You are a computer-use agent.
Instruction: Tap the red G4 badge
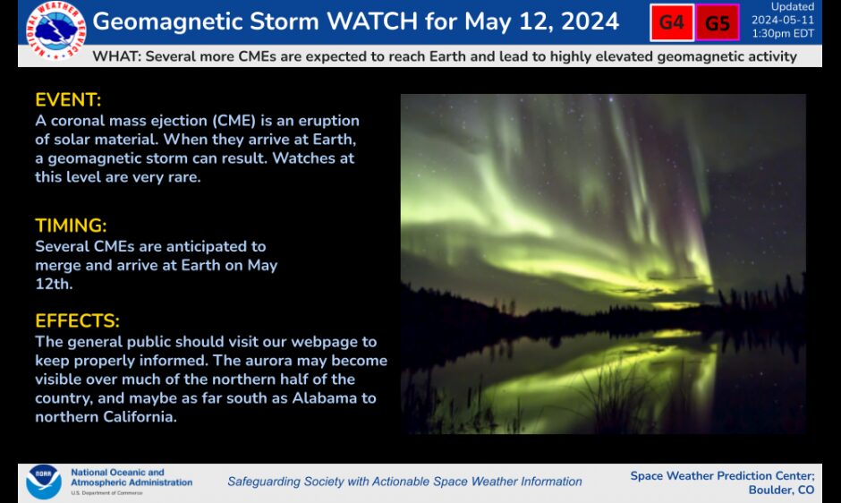(672, 23)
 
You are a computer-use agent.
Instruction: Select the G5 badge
(718, 23)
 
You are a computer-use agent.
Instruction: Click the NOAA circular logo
(43, 482)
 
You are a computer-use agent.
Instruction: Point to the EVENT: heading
(68, 99)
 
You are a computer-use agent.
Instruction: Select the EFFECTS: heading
(77, 320)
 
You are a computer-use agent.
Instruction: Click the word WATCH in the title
(338, 21)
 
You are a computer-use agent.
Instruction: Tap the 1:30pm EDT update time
(783, 32)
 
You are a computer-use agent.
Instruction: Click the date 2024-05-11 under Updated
(783, 19)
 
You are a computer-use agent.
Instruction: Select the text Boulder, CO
(781, 490)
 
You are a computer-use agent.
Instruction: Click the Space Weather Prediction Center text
(722, 475)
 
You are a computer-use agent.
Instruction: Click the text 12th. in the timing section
(54, 284)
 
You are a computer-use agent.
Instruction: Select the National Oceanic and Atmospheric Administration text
(131, 477)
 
